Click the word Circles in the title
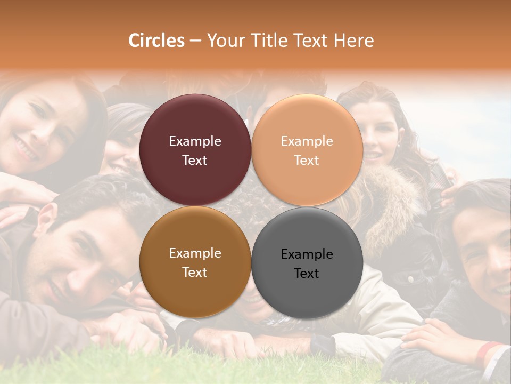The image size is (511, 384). [156, 41]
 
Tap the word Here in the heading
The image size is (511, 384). [353, 41]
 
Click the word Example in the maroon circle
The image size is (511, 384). [195, 141]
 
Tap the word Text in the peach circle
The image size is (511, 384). [307, 161]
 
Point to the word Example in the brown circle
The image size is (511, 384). [195, 253]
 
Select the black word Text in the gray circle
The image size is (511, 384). [307, 274]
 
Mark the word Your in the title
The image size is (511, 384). [227, 41]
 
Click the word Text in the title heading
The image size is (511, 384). [311, 41]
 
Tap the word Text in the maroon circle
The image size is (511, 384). [195, 161]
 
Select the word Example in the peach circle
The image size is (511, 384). [307, 141]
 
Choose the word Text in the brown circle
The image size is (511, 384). [195, 273]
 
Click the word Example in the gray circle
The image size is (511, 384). [307, 254]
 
